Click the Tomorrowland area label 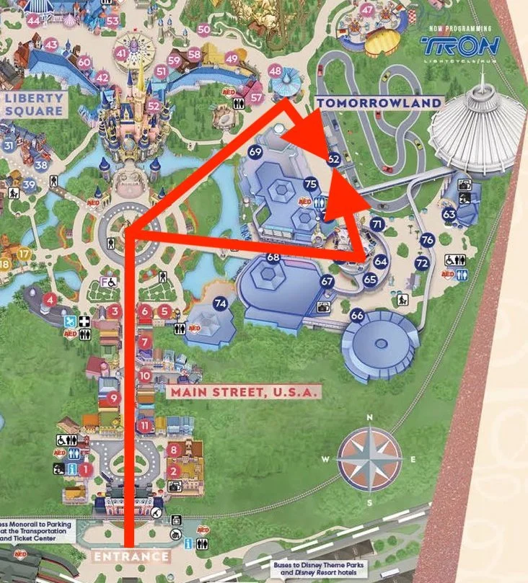coord(379,103)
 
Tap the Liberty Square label coord(32,104)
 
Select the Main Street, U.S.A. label coord(242,392)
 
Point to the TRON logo coord(460,45)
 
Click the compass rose coord(369,458)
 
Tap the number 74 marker coord(220,304)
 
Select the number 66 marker coord(357,315)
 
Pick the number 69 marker coord(255,152)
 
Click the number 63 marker coord(449,214)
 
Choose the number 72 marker coord(422,264)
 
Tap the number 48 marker coord(275,71)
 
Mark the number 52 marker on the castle coord(153,105)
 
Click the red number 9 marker coord(113,398)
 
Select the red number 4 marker coord(50,299)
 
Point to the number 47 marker coord(368,10)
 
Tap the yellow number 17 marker coord(25,254)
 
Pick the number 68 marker coord(273,257)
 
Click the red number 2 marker coord(173,471)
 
